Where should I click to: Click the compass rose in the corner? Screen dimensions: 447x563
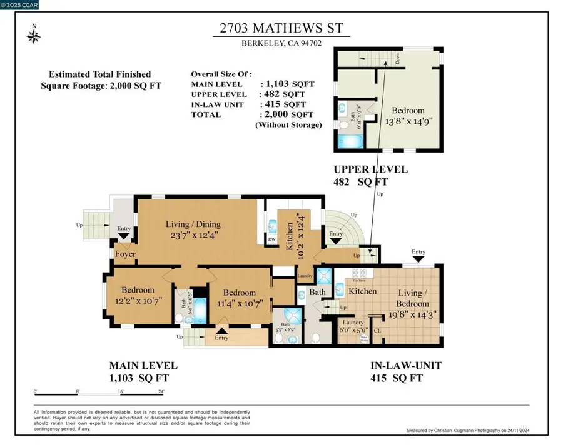coord(33,36)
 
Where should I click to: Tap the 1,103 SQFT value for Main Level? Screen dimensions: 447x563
coord(287,83)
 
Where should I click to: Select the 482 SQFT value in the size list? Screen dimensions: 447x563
coord(287,94)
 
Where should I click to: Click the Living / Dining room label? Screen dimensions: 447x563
coord(193,224)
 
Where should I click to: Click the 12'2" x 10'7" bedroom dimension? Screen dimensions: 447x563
coord(138,300)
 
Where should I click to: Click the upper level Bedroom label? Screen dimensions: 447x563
coord(407,111)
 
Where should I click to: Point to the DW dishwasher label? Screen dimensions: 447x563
coord(271,239)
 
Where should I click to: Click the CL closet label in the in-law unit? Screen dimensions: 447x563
coord(378,330)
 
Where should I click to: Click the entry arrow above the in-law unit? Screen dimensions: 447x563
coord(418,258)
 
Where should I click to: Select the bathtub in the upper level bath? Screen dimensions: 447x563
coord(345,140)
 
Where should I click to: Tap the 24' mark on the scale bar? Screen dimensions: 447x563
coord(161,391)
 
